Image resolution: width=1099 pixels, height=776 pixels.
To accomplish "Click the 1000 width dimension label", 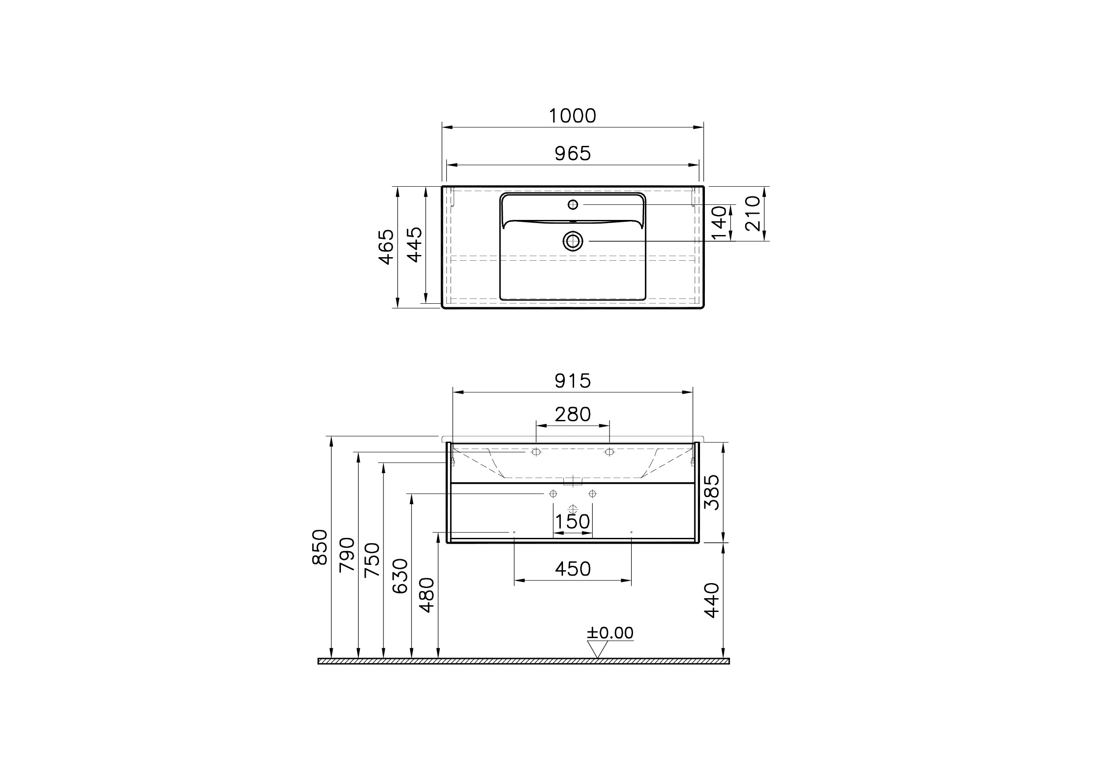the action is click(572, 116).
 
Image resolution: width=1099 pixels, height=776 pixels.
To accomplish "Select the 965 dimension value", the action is click(572, 154).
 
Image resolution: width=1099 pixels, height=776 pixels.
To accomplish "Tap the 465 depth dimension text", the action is click(386, 247).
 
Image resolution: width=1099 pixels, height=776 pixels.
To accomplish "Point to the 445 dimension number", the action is click(415, 245).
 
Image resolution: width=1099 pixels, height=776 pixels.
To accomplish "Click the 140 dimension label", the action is click(719, 223).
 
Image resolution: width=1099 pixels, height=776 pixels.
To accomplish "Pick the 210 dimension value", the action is click(752, 213).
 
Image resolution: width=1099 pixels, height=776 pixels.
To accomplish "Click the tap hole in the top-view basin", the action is click(572, 205).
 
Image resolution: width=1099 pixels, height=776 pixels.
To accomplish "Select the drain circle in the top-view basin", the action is click(573, 241).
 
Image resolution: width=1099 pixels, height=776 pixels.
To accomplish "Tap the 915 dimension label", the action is click(572, 381).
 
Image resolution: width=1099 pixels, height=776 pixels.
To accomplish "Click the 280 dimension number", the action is click(572, 415).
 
